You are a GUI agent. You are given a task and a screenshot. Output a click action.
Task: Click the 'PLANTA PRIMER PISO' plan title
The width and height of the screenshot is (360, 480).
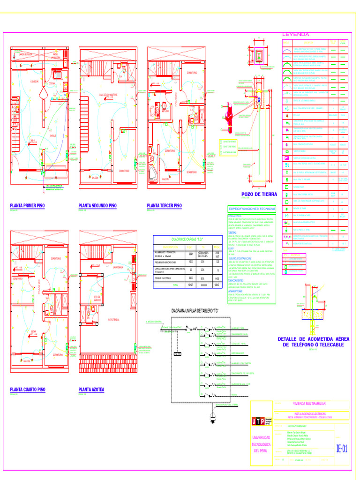click(x=27, y=206)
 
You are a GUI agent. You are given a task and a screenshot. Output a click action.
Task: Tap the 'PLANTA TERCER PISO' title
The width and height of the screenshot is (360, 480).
click(x=164, y=206)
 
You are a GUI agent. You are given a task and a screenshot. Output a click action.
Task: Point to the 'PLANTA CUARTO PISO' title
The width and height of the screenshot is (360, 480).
click(x=28, y=390)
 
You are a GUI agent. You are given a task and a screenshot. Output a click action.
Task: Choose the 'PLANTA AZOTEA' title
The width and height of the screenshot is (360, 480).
click(x=91, y=390)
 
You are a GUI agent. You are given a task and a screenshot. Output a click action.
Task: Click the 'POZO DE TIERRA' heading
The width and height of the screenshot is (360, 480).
click(x=259, y=194)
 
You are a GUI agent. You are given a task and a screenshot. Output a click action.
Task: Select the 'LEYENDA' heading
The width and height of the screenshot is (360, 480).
click(x=295, y=35)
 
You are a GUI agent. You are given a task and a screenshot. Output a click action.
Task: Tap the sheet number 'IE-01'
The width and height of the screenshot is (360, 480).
click(x=342, y=449)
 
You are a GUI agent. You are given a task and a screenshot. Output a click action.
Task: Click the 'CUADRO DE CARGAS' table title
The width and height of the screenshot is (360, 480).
click(x=187, y=240)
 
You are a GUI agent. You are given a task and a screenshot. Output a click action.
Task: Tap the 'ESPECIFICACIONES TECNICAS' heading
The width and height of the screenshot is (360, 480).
click(x=252, y=209)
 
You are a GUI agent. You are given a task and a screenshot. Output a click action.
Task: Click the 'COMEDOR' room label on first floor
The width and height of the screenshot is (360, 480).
click(x=31, y=81)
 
